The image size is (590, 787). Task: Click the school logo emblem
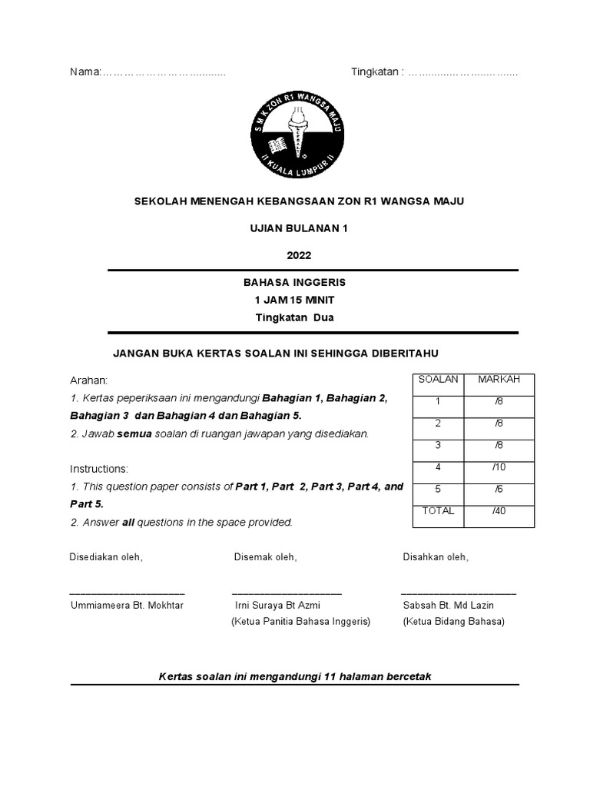point(296,133)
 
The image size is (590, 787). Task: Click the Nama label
point(85,72)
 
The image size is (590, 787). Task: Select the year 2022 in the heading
point(300,255)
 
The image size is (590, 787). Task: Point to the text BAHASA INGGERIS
point(294,283)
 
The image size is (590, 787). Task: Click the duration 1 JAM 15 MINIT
point(294,300)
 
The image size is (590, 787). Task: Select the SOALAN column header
point(438,380)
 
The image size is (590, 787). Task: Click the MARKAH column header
point(499,380)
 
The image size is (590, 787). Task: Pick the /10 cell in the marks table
point(499,467)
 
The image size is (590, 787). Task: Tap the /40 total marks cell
point(499,511)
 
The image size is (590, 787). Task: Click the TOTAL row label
point(438,511)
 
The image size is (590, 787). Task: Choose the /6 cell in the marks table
point(499,489)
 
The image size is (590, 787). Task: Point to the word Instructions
point(100,469)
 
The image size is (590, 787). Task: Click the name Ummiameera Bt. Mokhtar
point(127,606)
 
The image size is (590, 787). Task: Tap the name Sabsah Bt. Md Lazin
point(449,606)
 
